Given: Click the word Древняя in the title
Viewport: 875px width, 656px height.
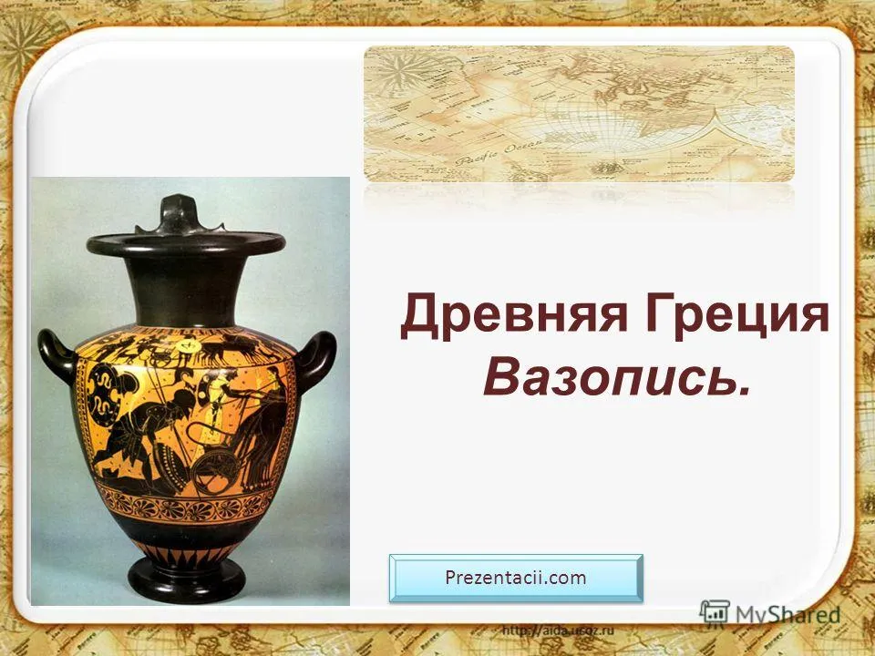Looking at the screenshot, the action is (513, 316).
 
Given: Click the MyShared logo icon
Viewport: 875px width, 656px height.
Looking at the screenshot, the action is (715, 612).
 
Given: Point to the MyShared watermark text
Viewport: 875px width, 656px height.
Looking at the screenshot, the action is (787, 615).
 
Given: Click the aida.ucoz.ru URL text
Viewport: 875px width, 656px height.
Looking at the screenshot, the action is (558, 630).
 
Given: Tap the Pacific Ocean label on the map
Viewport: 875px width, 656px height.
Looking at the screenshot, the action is (499, 151).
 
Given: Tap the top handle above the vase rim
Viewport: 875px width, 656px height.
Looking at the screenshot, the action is (179, 215).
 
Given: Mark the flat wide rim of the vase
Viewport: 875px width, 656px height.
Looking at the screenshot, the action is (186, 244).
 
